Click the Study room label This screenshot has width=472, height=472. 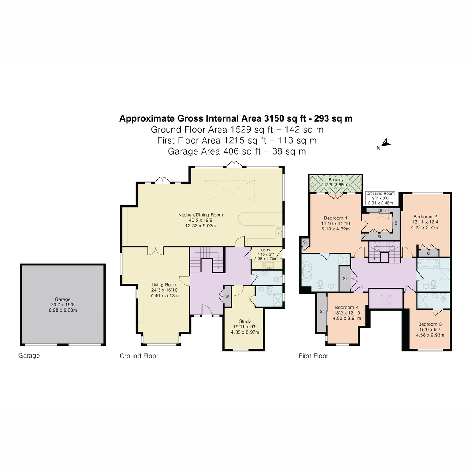click(245, 321)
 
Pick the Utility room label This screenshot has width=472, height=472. click(265, 250)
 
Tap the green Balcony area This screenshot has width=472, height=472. click(335, 183)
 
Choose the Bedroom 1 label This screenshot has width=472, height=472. click(336, 218)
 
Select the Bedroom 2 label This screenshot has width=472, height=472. click(425, 217)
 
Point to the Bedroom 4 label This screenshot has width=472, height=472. click(347, 308)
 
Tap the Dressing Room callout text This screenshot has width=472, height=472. click(380, 194)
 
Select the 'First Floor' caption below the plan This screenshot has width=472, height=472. click(313, 356)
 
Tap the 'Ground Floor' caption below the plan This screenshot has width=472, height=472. click(139, 356)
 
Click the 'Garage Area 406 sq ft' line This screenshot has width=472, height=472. click(236, 151)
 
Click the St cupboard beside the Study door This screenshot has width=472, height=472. click(227, 296)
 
